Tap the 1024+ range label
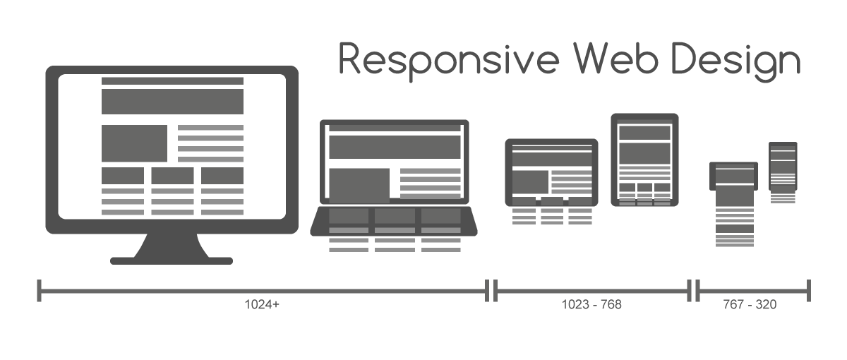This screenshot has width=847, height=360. point(262,305)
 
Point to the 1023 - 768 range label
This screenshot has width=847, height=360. point(591,305)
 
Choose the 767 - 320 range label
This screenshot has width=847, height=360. point(750,305)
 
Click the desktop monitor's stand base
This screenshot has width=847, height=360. point(172,260)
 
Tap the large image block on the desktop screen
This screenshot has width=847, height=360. point(134,143)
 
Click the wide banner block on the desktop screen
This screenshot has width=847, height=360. point(172,102)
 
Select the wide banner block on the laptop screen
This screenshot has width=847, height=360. point(395,148)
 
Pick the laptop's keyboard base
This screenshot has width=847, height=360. point(394,221)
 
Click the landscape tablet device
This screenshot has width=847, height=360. point(551,172)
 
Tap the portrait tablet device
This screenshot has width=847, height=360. point(644,160)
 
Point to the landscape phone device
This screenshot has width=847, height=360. point(734,176)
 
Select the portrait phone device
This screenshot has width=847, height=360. point(783,167)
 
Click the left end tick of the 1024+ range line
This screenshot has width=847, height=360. point(40,289)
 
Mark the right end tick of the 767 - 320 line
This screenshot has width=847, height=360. point(809,289)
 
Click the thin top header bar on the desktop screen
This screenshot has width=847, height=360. point(172,81)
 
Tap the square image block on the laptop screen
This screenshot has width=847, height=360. point(359,185)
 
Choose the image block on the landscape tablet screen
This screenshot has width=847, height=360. point(530,182)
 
